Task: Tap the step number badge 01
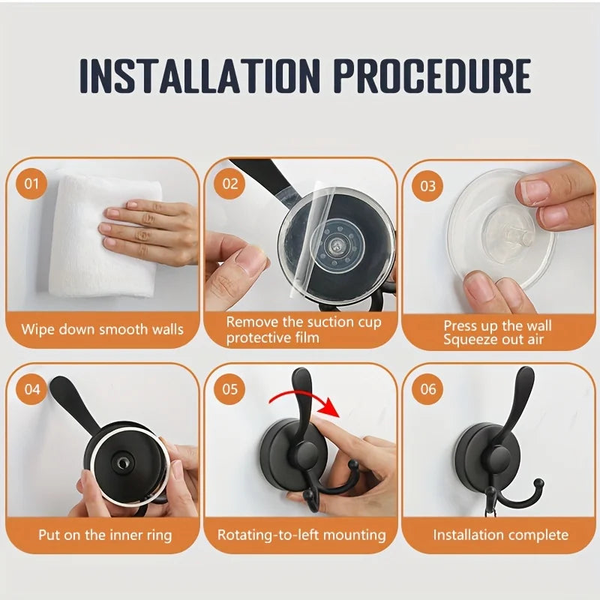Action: coord(31,184)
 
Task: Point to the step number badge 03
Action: coord(427,185)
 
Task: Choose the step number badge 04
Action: coord(31,389)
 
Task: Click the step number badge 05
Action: coord(229,389)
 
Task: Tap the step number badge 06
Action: coord(427,389)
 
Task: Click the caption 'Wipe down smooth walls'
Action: coord(102,328)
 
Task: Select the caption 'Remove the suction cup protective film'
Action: coord(304,330)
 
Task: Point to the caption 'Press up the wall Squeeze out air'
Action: coord(497,332)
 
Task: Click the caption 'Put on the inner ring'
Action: coord(105,535)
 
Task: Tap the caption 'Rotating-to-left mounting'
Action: coord(301,535)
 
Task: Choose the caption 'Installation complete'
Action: coord(500,535)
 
